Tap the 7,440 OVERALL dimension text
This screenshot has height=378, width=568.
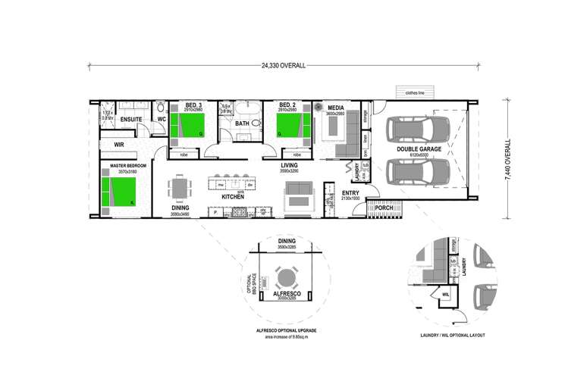click(507, 160)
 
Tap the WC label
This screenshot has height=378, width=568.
click(162, 119)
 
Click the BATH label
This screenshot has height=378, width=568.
click(242, 123)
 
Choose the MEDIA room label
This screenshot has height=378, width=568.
click(336, 108)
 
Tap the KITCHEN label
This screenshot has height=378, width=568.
click(232, 197)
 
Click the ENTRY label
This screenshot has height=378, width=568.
click(350, 193)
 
